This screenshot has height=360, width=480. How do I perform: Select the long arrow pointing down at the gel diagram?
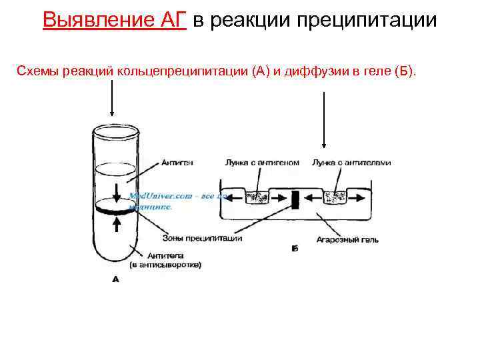pos(323,120)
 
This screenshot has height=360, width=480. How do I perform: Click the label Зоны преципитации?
pos(201,238)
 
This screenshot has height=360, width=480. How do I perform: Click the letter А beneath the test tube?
pos(115,280)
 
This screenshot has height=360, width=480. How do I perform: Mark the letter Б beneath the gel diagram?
pos(295,249)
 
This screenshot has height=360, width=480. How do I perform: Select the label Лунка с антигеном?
pos(262,163)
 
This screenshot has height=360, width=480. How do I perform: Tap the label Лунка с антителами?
pos(351,163)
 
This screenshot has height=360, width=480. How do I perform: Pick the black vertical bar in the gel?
pos(294,199)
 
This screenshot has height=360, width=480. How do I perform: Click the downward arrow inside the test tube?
pos(117,191)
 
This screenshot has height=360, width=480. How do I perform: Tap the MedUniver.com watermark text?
pos(160,196)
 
